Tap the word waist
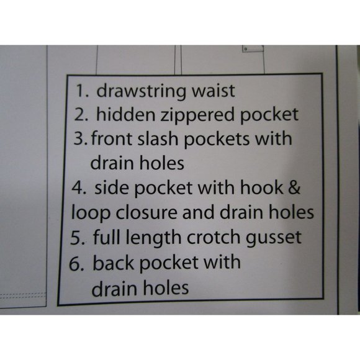click(x=214, y=91)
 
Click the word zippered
click(x=197, y=115)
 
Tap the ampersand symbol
click(x=294, y=187)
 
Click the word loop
click(x=91, y=213)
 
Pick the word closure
click(x=146, y=212)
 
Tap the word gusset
click(x=274, y=238)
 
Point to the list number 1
click(x=81, y=91)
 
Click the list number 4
click(x=79, y=187)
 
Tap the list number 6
click(x=78, y=263)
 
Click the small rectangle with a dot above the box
click(x=253, y=48)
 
